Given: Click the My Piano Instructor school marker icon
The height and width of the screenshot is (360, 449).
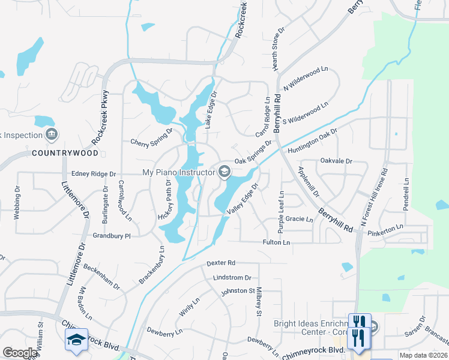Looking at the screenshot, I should pos(224,172).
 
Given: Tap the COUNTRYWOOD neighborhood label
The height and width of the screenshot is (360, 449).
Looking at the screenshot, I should pos(56,153).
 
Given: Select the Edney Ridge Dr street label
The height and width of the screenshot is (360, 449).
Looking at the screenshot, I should pos(93,174).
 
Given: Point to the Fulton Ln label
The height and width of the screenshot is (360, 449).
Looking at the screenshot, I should pos(276,242).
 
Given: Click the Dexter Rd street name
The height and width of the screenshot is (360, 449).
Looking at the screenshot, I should pos(221,263).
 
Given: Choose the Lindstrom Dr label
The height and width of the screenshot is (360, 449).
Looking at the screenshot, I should pos(232,278).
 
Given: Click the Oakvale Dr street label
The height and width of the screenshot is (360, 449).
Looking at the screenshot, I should pos(336,161).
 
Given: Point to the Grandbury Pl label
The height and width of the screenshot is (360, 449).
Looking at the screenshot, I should pos(112,236).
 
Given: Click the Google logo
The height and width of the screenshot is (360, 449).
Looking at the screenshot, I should pos(20,353).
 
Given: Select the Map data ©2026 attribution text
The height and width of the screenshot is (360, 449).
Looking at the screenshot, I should pos(424,355).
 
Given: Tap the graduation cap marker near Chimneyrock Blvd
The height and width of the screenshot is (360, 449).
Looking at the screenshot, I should pos(76,339).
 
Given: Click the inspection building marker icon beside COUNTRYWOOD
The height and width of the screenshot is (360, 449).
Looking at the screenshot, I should pos(52,133).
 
